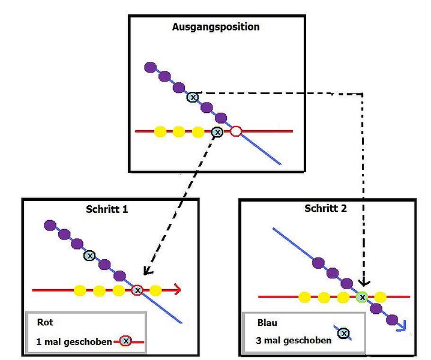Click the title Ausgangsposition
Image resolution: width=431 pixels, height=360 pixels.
tap(216, 27)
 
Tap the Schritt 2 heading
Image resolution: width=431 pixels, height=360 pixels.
tap(325, 209)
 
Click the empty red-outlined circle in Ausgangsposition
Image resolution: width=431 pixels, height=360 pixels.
tap(236, 131)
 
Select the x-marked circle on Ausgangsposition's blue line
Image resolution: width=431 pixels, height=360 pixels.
tap(192, 97)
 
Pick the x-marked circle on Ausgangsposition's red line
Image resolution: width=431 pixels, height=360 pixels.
tap(217, 131)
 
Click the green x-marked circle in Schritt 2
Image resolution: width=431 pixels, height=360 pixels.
tap(362, 296)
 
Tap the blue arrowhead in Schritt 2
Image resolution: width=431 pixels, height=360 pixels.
tap(402, 326)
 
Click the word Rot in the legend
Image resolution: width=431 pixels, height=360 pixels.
tap(45, 322)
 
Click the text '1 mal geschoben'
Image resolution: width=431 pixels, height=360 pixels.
tap(74, 341)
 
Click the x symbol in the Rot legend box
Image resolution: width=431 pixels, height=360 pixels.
tap(125, 341)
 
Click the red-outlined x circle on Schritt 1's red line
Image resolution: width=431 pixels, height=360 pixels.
tap(137, 290)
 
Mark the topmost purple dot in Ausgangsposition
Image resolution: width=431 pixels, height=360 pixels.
tap(150, 67)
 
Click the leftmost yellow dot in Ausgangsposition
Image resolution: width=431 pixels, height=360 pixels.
tap(160, 131)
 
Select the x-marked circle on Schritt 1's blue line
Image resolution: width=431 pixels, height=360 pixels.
tap(89, 256)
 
